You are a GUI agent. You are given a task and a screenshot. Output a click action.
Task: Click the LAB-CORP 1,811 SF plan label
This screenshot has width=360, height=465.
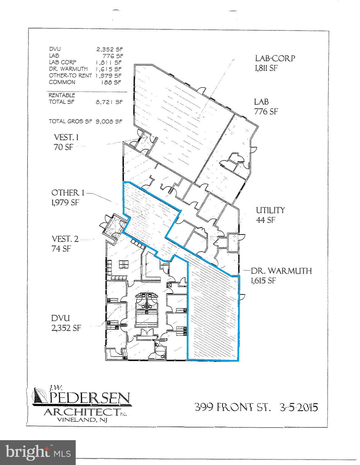[x=275, y=63]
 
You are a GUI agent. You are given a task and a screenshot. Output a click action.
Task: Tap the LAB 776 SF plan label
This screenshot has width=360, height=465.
[x=266, y=107]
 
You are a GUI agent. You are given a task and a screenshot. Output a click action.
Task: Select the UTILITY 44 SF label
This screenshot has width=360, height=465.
[x=270, y=215]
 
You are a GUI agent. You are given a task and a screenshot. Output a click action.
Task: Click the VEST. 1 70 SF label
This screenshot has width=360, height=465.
[x=66, y=142]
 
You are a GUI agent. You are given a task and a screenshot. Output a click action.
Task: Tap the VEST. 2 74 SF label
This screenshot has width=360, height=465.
[x=65, y=244]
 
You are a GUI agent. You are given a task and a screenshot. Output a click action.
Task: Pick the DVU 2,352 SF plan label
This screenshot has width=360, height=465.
[x=66, y=323]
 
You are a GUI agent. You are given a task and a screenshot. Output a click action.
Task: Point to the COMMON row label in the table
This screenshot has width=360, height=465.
[x=62, y=82]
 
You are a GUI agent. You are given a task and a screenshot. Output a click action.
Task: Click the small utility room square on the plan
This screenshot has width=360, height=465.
[x=233, y=242]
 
